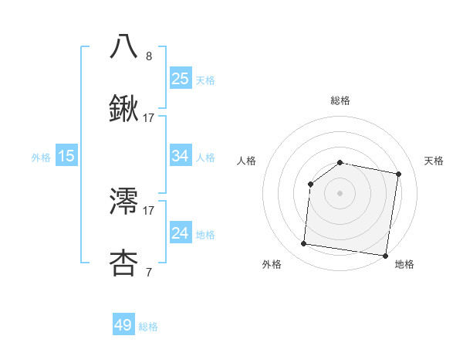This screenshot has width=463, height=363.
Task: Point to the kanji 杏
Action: tap(124, 263)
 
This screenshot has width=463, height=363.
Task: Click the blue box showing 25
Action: tap(181, 78)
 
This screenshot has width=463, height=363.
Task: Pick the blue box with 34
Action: tap(181, 155)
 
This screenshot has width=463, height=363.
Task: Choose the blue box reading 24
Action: tap(181, 233)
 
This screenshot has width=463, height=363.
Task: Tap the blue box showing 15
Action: tap(66, 156)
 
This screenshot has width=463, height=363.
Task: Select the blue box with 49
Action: tap(123, 325)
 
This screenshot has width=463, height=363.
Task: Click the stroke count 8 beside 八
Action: tap(149, 56)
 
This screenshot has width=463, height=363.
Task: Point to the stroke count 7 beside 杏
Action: tap(149, 272)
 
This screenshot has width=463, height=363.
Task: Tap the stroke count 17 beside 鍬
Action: tap(149, 117)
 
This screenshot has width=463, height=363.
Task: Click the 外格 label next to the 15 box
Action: tap(41, 157)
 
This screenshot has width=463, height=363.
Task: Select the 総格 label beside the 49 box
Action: tap(148, 327)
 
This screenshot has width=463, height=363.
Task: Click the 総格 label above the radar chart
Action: tap(340, 100)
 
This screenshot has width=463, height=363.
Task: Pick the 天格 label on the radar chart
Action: tap(434, 161)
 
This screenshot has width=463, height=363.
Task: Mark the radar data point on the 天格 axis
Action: tap(398, 174)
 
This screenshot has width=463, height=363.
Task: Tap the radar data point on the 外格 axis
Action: tap(303, 244)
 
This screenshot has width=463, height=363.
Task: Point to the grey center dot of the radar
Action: tap(340, 192)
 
